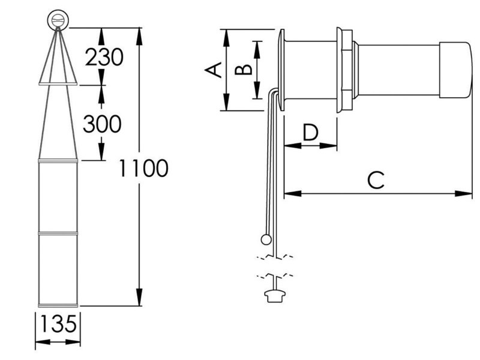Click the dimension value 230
pos(104,58)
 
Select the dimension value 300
pos(102,124)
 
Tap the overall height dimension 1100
pos(142,169)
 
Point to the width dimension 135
pos(58,325)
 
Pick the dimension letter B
pos(243,70)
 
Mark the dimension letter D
pos(310,131)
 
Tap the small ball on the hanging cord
pos(266,240)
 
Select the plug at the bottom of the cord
pos(273,295)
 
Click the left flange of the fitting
pos(281,70)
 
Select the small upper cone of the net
pos(58,66)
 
